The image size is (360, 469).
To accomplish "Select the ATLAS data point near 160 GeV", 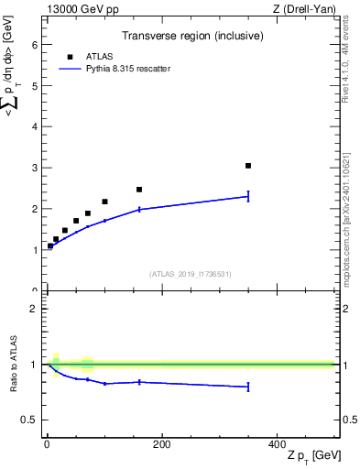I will (x=139, y=190).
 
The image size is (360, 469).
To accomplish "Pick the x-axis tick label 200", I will (x=161, y=444).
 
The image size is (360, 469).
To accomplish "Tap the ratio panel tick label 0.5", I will (x=29, y=420).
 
